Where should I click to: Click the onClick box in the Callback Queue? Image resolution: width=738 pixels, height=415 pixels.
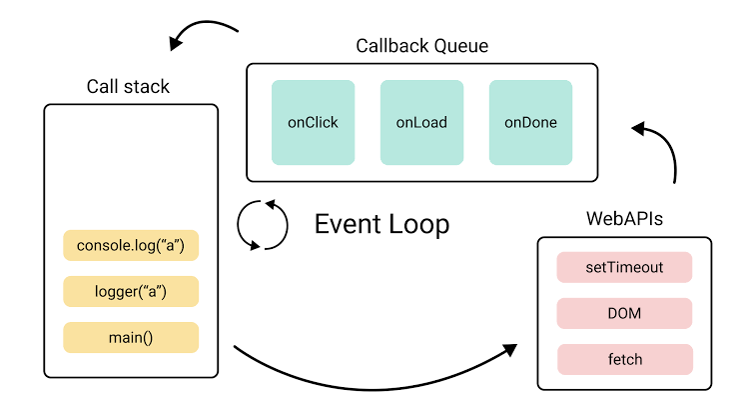[x=313, y=123]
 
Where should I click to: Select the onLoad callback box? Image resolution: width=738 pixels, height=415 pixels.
[x=421, y=123]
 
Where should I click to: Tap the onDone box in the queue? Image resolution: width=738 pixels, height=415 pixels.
[x=530, y=123]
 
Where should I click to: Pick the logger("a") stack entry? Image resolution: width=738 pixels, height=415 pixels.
[x=131, y=292]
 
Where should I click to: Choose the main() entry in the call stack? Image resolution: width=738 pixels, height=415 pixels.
[x=131, y=337]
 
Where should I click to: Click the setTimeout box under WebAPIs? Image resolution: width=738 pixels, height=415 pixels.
[x=624, y=268]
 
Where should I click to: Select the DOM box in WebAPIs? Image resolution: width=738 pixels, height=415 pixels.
[x=624, y=314]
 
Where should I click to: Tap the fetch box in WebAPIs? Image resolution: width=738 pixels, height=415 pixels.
[x=624, y=359]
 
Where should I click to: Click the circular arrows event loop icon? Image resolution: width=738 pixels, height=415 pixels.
[x=262, y=224]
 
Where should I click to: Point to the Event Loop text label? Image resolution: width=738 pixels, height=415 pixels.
[x=381, y=224]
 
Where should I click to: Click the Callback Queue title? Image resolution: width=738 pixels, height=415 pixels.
[x=421, y=46]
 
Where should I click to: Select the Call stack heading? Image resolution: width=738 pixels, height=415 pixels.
[x=128, y=87]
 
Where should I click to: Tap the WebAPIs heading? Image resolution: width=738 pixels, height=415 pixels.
[x=624, y=218]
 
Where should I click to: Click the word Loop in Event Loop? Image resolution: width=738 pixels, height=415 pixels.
[x=417, y=224]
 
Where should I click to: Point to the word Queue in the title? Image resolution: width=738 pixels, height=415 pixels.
[x=459, y=46]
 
